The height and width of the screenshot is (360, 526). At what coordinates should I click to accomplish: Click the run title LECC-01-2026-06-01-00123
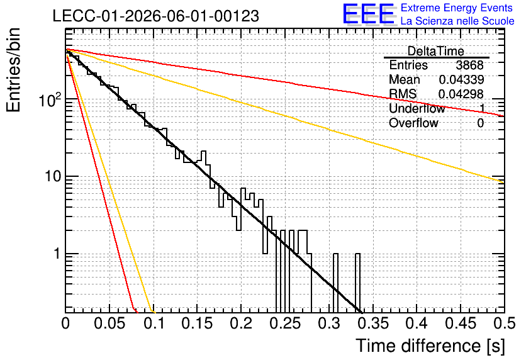pos(155,16)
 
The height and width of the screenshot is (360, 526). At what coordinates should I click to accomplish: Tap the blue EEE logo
pos(369,14)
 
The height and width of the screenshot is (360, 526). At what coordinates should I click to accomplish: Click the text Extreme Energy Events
pos(457,8)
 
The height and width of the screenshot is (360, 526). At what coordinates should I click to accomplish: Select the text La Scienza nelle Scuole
pos(457,21)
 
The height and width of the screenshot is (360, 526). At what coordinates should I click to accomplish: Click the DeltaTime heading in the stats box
pos(436,51)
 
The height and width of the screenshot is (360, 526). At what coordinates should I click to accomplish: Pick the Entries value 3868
pos(469,65)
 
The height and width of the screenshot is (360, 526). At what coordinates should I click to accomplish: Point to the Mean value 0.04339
pos(461,79)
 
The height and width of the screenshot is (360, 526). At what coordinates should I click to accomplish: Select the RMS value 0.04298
pos(461,94)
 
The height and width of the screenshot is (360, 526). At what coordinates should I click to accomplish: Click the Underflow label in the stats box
pos(417,108)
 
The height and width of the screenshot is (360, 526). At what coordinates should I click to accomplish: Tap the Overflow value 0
pos(480,123)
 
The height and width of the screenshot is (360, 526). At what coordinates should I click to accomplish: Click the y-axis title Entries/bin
pos(13,70)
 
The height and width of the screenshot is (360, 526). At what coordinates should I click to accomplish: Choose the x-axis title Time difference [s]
pos(430,346)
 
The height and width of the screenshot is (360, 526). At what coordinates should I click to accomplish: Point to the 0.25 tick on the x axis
pos(285,323)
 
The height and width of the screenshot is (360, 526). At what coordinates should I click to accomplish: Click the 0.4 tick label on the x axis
pos(417,323)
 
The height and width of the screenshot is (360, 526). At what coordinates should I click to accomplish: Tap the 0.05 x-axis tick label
pos(109,323)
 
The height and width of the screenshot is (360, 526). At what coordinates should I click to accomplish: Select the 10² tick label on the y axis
pos(50,99)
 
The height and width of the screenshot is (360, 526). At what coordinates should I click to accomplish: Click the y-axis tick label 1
pos(57,254)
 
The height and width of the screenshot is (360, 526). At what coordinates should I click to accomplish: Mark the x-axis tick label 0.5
pos(504,323)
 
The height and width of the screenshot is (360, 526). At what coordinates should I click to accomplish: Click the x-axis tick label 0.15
pos(198,323)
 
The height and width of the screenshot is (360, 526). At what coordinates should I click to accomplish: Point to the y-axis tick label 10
pos(53,176)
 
